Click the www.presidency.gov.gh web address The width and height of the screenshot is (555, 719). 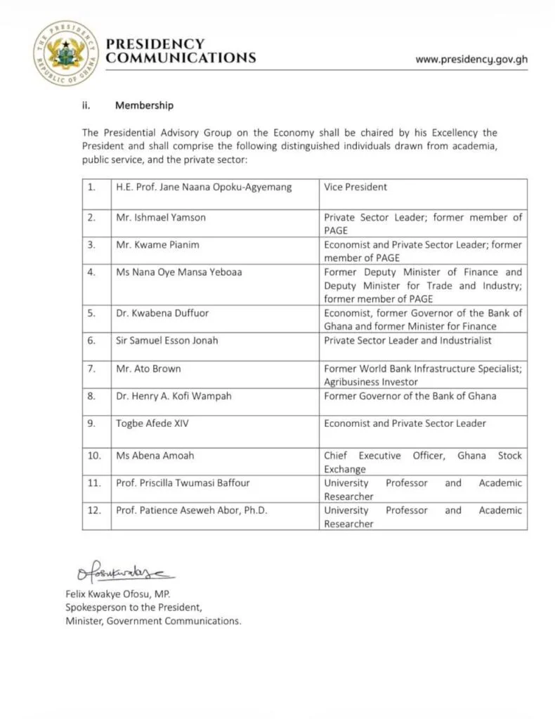(471, 59)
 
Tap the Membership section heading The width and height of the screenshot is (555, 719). (144, 106)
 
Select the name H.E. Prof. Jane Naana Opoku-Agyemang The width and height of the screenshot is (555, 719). (204, 187)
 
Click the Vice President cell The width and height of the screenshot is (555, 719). (355, 187)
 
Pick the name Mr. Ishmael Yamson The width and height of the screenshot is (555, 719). (161, 218)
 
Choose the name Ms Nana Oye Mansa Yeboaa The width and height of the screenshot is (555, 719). (178, 272)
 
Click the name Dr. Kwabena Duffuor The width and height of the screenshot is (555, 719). (162, 313)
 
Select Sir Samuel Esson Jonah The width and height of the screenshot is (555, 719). (167, 341)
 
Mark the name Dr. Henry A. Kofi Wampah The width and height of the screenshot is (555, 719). (174, 396)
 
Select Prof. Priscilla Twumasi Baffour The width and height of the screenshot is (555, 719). (183, 483)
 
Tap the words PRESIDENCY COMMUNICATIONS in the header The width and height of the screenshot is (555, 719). (180, 51)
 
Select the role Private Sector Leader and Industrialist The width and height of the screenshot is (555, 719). (407, 341)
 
